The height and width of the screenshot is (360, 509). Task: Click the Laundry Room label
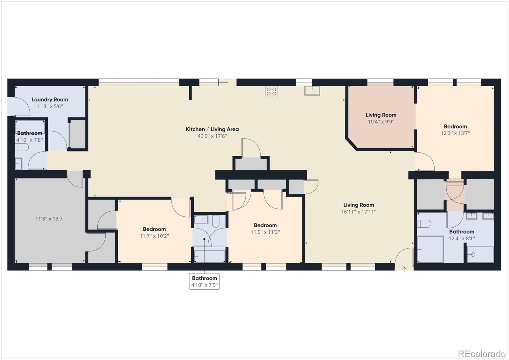(x=50, y=100)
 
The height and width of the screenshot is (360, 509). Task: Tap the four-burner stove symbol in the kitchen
(x=271, y=92)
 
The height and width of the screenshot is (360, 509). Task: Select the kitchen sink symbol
(x=312, y=91)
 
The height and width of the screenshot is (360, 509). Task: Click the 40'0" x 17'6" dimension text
(x=212, y=136)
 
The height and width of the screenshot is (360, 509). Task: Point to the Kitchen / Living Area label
(x=212, y=129)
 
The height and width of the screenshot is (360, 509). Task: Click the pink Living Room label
(x=381, y=115)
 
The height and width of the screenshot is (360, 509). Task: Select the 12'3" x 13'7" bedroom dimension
(x=455, y=133)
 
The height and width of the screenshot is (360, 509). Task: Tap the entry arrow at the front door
(x=404, y=269)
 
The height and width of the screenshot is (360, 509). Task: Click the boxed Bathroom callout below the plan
(x=205, y=281)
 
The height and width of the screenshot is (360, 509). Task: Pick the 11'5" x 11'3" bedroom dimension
(x=265, y=232)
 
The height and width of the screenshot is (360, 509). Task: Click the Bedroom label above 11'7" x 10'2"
(x=154, y=229)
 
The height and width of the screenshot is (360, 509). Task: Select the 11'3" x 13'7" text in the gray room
(x=50, y=219)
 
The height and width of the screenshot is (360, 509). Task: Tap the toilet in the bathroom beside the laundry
(x=22, y=147)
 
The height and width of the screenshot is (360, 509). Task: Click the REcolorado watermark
(x=481, y=354)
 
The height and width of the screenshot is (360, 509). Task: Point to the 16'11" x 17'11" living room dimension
(x=359, y=212)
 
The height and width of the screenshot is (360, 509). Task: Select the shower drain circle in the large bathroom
(x=473, y=254)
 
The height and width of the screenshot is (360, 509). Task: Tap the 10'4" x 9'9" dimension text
(x=381, y=122)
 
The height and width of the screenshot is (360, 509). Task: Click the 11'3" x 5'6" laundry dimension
(x=50, y=106)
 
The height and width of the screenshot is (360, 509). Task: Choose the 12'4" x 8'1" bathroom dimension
(x=462, y=238)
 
